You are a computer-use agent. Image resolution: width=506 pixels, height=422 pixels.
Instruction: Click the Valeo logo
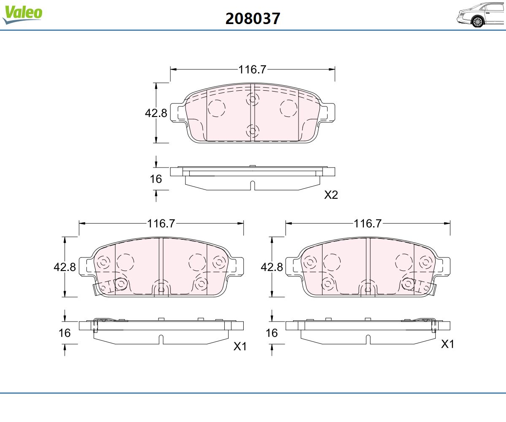(x=22, y=14)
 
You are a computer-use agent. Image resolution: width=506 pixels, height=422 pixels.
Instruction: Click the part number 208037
(x=253, y=19)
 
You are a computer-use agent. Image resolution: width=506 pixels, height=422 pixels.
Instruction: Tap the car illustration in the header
(x=481, y=15)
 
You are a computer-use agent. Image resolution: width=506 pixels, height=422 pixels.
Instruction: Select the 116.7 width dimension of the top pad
(x=253, y=69)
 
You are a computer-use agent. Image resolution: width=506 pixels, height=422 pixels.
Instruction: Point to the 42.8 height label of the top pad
(x=156, y=113)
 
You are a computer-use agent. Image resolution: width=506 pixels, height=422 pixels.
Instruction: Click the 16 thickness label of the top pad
(x=156, y=179)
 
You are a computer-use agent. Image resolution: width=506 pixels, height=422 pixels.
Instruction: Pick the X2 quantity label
(x=331, y=195)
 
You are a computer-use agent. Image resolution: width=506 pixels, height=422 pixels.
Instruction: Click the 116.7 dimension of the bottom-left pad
(x=161, y=224)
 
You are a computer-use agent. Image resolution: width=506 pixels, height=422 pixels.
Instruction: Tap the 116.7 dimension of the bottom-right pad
(x=368, y=224)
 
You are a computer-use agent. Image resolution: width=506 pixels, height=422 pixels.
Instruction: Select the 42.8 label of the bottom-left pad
(x=65, y=267)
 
